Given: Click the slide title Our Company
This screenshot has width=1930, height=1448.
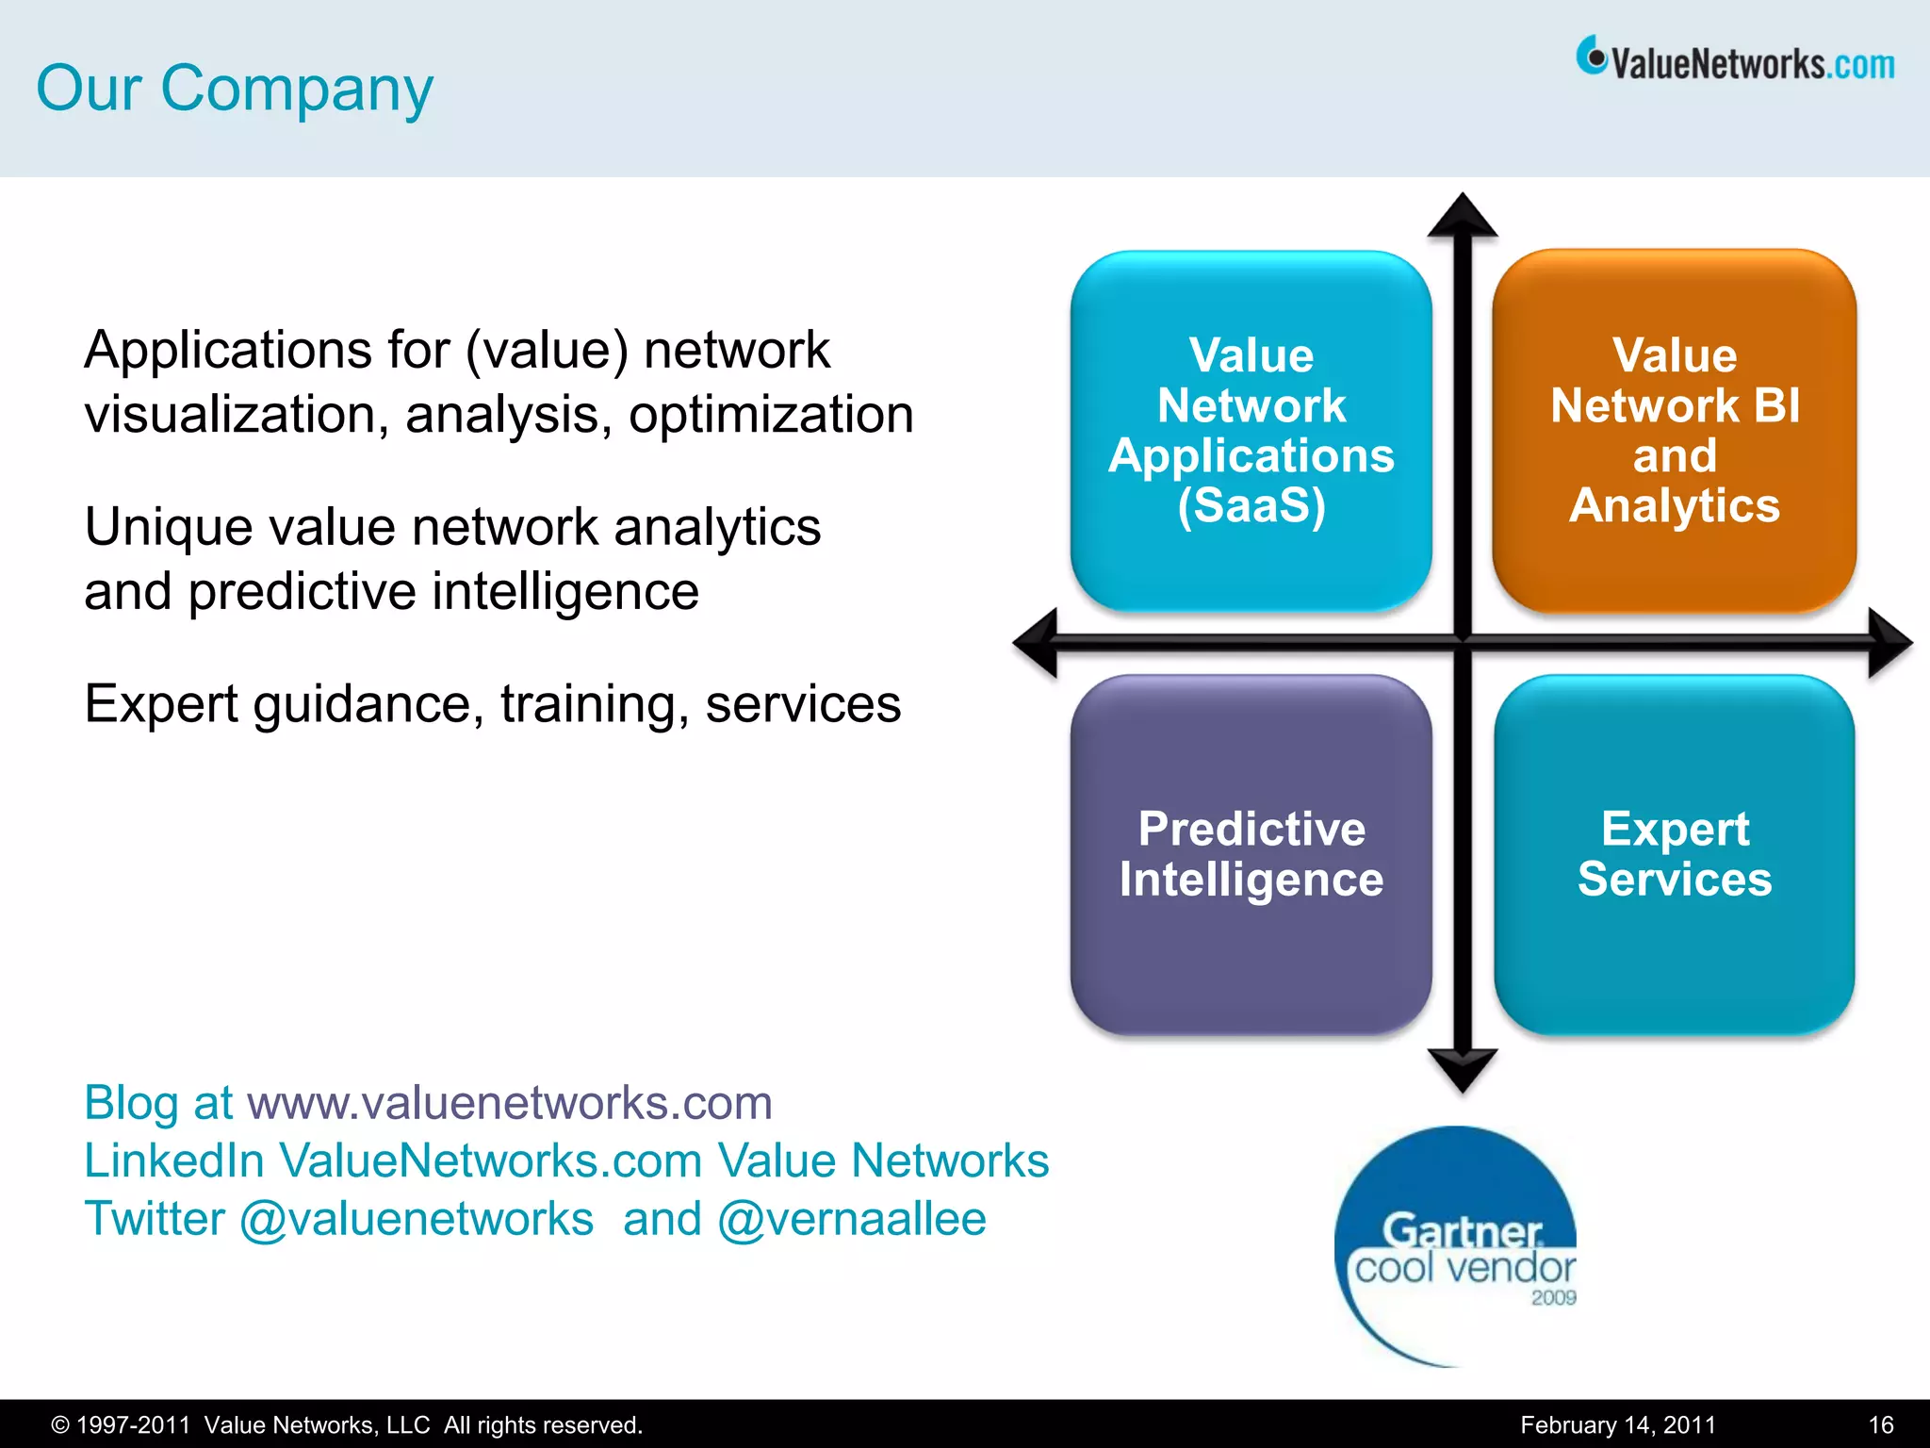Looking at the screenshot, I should [x=235, y=90].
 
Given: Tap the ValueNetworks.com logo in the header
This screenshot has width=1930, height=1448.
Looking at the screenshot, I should [x=1735, y=62].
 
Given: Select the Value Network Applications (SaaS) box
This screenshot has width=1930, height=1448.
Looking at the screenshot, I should [x=1251, y=431].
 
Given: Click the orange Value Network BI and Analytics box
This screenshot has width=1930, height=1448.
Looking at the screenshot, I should [x=1674, y=431].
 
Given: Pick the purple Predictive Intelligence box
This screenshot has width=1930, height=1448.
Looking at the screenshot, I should [x=1251, y=854].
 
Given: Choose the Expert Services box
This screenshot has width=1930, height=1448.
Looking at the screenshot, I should [x=1674, y=854].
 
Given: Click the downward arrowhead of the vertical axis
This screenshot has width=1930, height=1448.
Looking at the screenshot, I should [x=1463, y=1069].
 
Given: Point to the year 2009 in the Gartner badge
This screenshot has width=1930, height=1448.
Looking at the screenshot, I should [x=1553, y=1298].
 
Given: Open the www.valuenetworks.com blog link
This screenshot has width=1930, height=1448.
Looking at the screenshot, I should [x=510, y=1103].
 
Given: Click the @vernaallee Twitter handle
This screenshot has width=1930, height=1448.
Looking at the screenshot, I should [x=852, y=1219].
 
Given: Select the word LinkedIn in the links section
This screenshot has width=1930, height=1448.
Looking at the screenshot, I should [x=174, y=1160].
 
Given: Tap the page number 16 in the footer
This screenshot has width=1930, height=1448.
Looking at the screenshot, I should [x=1881, y=1424].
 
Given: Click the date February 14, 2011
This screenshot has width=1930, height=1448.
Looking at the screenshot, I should [x=1618, y=1424].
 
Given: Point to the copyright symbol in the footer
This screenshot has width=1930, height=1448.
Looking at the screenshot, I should [x=60, y=1425].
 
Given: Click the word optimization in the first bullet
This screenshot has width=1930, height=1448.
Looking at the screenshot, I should [x=771, y=415].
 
